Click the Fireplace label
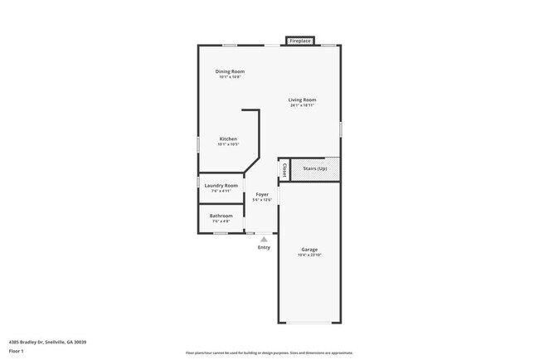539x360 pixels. click(299, 41)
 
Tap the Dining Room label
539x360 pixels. click(230, 71)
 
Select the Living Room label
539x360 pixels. click(303, 100)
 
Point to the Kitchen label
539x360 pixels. click(228, 139)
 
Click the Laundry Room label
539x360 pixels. click(221, 185)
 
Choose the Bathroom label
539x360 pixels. click(221, 216)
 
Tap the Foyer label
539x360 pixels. click(262, 194)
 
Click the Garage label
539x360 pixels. click(309, 250)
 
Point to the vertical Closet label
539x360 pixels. click(284, 169)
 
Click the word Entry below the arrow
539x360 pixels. click(264, 247)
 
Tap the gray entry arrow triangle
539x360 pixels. click(264, 238)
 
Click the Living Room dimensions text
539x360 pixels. click(303, 105)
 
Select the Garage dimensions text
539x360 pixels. click(309, 255)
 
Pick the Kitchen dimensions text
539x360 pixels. click(228, 144)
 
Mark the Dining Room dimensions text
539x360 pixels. click(230, 77)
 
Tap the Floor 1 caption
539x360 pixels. click(17, 351)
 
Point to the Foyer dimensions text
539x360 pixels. click(262, 200)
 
